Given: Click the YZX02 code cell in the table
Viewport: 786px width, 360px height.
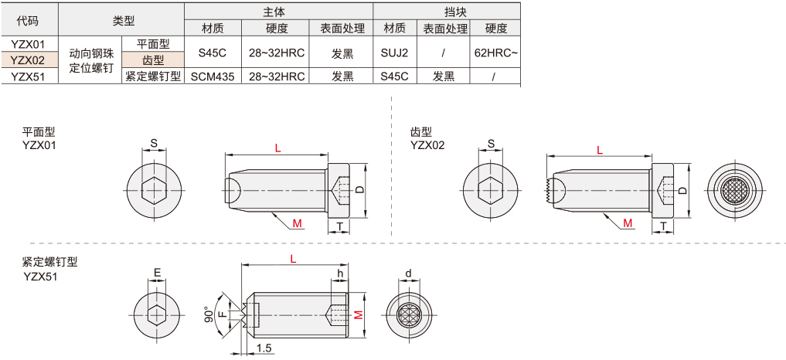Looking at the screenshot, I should (x=28, y=60).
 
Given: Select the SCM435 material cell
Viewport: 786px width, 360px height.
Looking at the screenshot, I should (x=212, y=76).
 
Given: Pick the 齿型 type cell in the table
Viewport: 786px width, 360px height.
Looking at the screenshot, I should (x=152, y=60).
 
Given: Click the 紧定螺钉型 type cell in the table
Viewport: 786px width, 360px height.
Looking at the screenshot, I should (x=152, y=76).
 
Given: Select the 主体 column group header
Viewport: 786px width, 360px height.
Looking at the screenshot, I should (x=277, y=12).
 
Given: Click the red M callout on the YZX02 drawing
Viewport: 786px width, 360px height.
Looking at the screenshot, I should (x=628, y=223).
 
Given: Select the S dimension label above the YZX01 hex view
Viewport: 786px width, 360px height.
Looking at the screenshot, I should (x=154, y=143).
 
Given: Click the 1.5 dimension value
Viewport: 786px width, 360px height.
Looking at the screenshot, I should (x=264, y=348).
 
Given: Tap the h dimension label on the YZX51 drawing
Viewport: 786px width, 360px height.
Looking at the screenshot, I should (x=339, y=273).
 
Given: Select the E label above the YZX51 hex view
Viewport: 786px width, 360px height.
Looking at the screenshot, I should (x=156, y=273).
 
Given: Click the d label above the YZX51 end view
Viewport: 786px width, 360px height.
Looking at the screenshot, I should (x=408, y=273).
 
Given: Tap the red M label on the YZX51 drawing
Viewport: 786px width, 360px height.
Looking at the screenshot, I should (x=358, y=314).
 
